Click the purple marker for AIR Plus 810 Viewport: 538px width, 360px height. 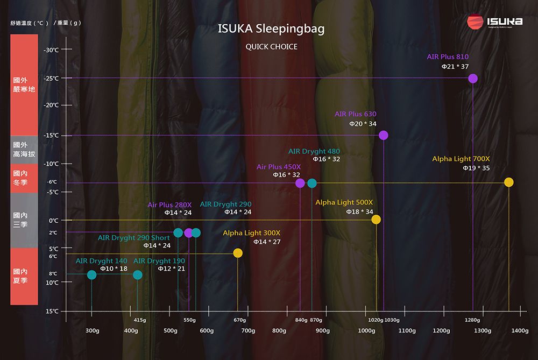click(473, 79)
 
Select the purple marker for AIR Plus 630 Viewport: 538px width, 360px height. click(384, 135)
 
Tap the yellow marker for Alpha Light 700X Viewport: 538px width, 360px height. click(509, 182)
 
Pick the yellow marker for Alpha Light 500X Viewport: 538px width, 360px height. click(376, 220)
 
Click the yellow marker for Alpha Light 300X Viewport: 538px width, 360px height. click(238, 253)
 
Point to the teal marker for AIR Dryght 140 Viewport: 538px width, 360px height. click(92, 275)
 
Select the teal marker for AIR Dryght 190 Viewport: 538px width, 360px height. click(138, 275)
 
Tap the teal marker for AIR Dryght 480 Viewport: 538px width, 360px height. click(312, 183)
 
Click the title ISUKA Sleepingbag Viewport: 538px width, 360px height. click(271, 29)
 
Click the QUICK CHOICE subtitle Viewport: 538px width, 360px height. click(271, 47)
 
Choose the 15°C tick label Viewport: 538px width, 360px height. click(52, 312)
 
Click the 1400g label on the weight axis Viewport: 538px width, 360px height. click(520, 330)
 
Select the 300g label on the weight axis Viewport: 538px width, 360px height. click(92, 330)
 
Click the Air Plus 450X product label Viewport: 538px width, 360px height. click(279, 167)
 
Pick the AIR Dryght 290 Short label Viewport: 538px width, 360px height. click(133, 238)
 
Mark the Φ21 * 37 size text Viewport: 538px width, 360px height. click(455, 66)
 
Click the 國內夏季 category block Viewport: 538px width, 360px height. click(24, 276)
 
